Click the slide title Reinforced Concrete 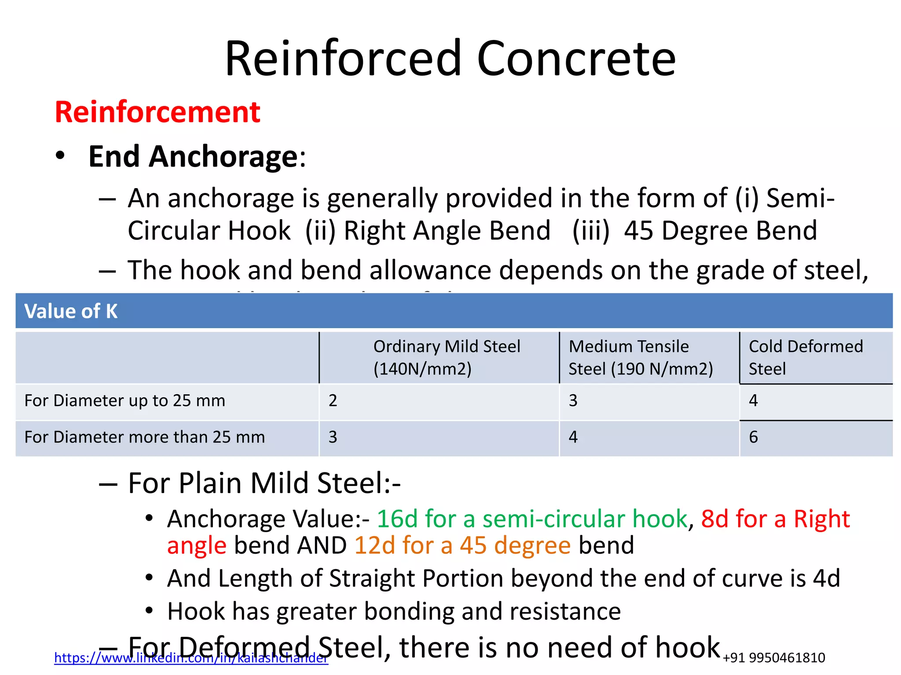pyautogui.click(x=450, y=58)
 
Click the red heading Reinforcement pyautogui.click(x=157, y=112)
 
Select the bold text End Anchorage pyautogui.click(x=193, y=156)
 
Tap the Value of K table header pyautogui.click(x=71, y=311)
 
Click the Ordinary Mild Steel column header pyautogui.click(x=447, y=357)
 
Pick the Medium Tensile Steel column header pyautogui.click(x=640, y=357)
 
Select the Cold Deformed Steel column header pyautogui.click(x=806, y=357)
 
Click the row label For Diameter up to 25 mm pyautogui.click(x=125, y=401)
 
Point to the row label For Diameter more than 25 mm pyautogui.click(x=144, y=437)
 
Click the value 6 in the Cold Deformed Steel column pyautogui.click(x=753, y=437)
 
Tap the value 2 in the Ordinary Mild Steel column pyautogui.click(x=333, y=401)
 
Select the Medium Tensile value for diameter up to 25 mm pyautogui.click(x=573, y=401)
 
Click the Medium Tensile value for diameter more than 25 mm pyautogui.click(x=573, y=437)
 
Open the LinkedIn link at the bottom pyautogui.click(x=191, y=658)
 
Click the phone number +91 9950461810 pyautogui.click(x=774, y=658)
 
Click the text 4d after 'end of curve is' pyautogui.click(x=826, y=578)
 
